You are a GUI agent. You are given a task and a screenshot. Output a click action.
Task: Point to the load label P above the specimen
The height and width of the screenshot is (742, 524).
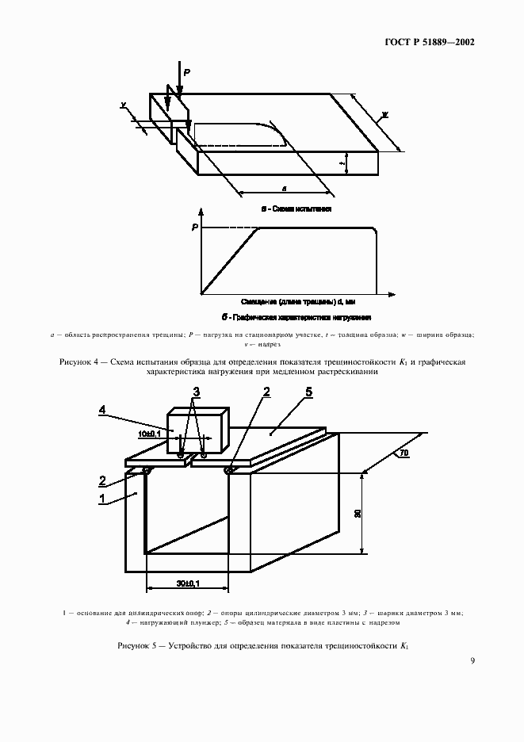coord(187,71)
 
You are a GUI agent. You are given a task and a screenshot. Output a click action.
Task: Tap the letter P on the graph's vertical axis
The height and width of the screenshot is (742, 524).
coord(194,228)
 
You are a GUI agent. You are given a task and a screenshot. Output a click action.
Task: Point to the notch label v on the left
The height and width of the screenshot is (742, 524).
coord(124,104)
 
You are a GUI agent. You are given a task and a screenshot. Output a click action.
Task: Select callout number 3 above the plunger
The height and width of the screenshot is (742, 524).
coord(197,390)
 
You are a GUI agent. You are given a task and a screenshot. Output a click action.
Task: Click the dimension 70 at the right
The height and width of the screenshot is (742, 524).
coord(404,453)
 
